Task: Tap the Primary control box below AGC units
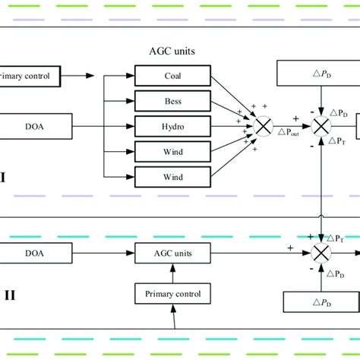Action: (171, 292)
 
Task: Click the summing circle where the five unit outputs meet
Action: (263, 125)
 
